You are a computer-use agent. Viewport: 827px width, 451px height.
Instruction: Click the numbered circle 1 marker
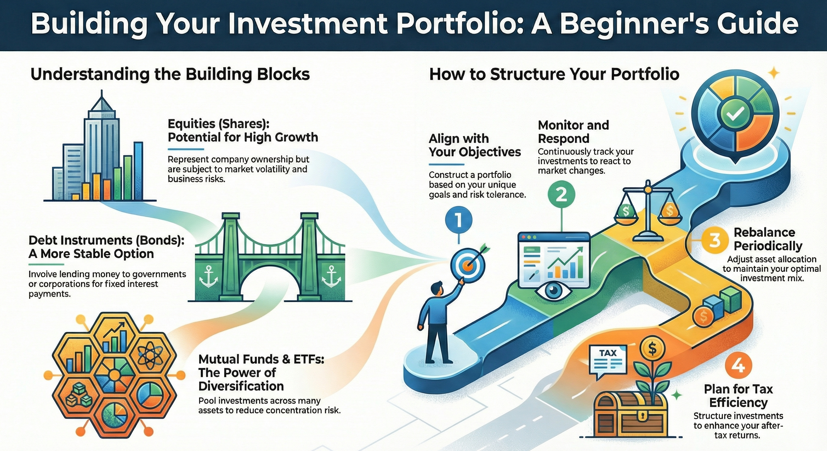(x=459, y=221)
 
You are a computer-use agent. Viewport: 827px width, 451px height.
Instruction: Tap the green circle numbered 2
(x=561, y=195)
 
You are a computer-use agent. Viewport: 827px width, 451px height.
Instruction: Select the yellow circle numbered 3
(x=714, y=240)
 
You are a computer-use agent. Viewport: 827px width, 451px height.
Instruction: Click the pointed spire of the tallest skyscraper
(x=102, y=96)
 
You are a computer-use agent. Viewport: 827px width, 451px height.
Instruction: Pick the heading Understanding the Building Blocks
(x=170, y=74)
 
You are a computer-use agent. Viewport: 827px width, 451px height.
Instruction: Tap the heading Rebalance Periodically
(x=768, y=239)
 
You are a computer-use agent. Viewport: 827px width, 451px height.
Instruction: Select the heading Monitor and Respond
(x=573, y=132)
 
